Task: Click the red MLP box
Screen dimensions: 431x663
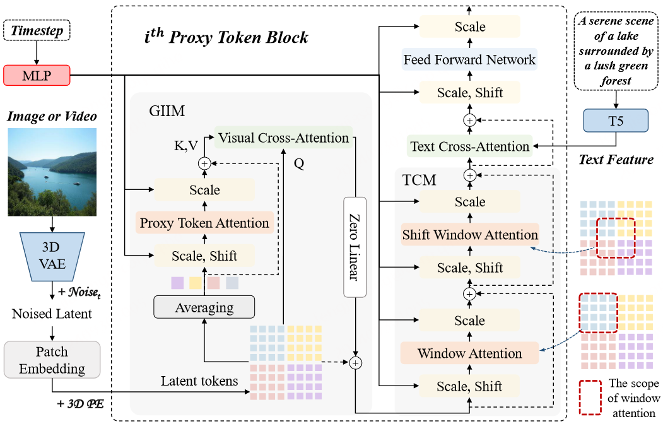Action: pyautogui.click(x=36, y=76)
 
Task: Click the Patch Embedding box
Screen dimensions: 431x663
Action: pyautogui.click(x=52, y=360)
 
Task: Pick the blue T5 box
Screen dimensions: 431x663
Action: pyautogui.click(x=616, y=120)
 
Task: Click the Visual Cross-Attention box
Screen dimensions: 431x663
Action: pyautogui.click(x=283, y=138)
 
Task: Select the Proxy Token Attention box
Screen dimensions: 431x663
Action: pyautogui.click(x=204, y=223)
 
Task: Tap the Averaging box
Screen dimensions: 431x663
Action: pyautogui.click(x=204, y=308)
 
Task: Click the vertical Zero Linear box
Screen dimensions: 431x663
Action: pyautogui.click(x=356, y=247)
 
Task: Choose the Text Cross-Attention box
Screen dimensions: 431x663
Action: pyautogui.click(x=469, y=146)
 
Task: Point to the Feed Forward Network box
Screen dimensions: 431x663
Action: pyautogui.click(x=469, y=60)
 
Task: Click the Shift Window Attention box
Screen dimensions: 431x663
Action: pyautogui.click(x=469, y=235)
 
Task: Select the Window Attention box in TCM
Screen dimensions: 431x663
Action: pyautogui.click(x=469, y=353)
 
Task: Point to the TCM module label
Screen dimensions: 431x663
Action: pyautogui.click(x=419, y=180)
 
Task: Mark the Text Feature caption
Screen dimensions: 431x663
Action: pyautogui.click(x=616, y=160)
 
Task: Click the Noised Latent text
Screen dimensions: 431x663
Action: pyautogui.click(x=52, y=314)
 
